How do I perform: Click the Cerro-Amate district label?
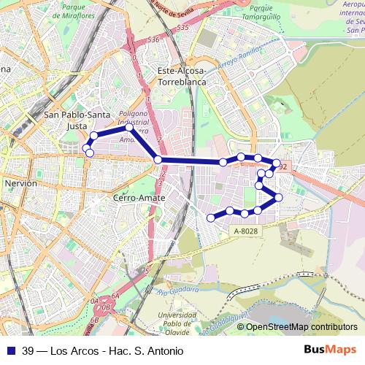[x=139, y=198]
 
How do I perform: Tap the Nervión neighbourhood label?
[x=20, y=183]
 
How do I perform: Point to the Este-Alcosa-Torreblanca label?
[x=182, y=76]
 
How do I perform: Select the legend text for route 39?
[x=102, y=350]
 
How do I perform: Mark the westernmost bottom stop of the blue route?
[x=211, y=217]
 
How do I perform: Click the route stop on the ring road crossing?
[x=158, y=160]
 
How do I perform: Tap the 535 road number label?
[x=182, y=27]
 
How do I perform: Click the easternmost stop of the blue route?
[x=279, y=198]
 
